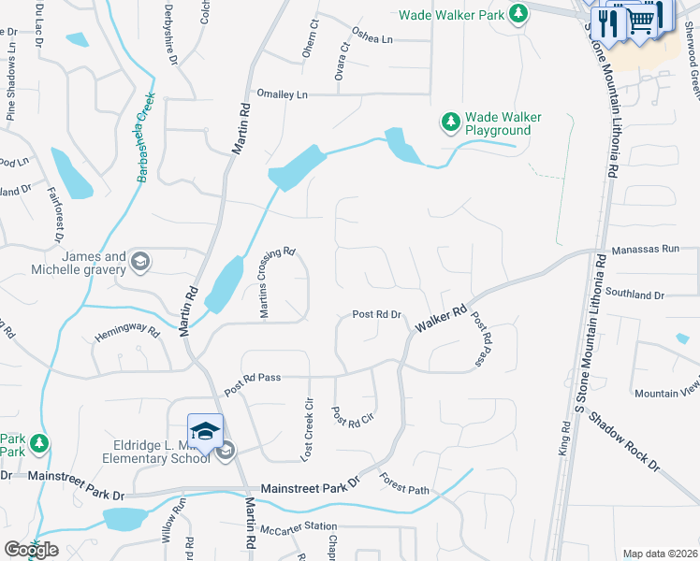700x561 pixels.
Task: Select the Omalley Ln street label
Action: [282, 94]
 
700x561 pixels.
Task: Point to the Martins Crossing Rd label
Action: [277, 282]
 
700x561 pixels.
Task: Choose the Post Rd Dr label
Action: [376, 315]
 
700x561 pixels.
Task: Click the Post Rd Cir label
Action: [353, 416]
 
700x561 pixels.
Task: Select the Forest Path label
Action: [404, 484]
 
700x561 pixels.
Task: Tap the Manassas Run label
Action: [645, 250]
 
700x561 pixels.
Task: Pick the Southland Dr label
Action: [634, 295]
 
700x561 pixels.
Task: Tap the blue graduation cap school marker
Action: [206, 431]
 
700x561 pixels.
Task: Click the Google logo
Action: [32, 550]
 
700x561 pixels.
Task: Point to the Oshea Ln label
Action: [372, 40]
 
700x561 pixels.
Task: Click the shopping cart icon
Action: [640, 19]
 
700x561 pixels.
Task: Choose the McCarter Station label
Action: [299, 527]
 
